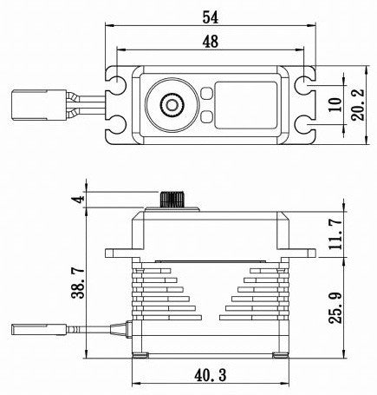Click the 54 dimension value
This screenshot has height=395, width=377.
click(x=211, y=16)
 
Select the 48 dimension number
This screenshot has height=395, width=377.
click(x=211, y=42)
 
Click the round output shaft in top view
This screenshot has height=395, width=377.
click(x=171, y=105)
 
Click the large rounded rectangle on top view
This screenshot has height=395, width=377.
click(x=248, y=105)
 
